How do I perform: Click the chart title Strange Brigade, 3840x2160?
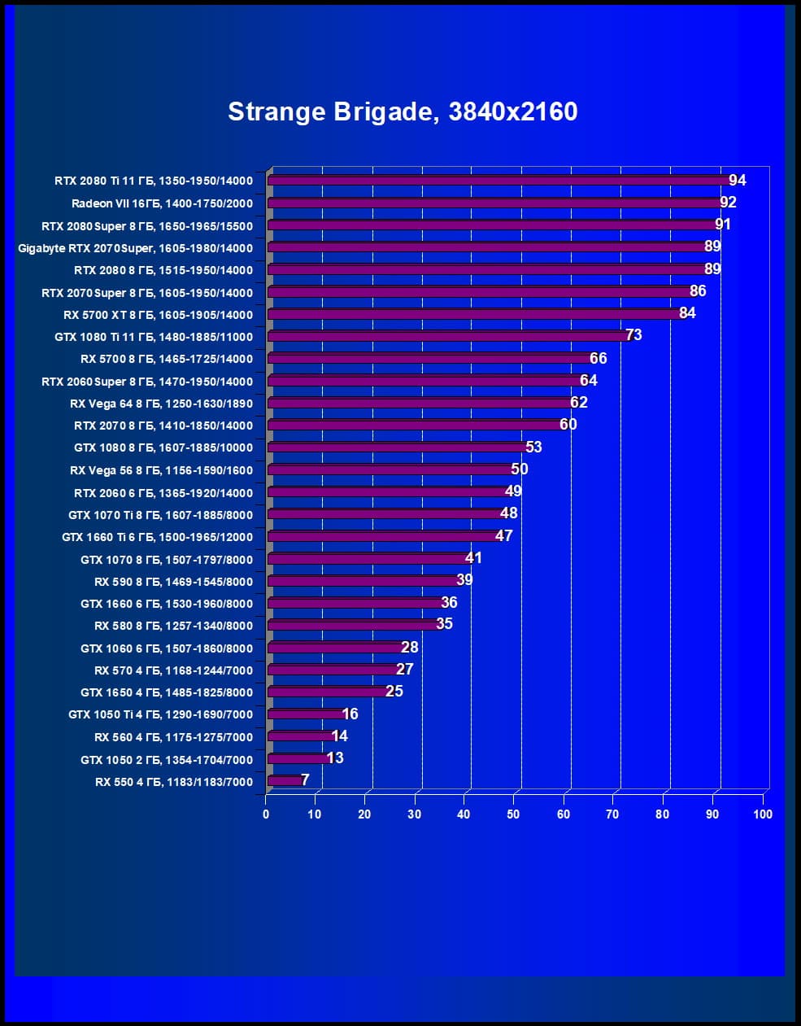click(403, 111)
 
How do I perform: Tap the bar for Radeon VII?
click(492, 203)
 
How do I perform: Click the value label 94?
click(738, 181)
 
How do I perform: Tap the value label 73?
click(633, 335)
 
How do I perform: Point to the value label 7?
click(305, 780)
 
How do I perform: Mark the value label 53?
click(533, 447)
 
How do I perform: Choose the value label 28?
click(410, 648)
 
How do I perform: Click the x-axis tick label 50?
click(513, 814)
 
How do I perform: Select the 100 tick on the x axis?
click(762, 814)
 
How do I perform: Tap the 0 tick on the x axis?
click(266, 814)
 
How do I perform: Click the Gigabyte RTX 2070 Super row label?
click(135, 248)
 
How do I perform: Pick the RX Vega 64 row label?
click(161, 404)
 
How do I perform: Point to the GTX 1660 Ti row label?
click(157, 537)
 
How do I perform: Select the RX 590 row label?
click(173, 582)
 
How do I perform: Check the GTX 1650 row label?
click(167, 692)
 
